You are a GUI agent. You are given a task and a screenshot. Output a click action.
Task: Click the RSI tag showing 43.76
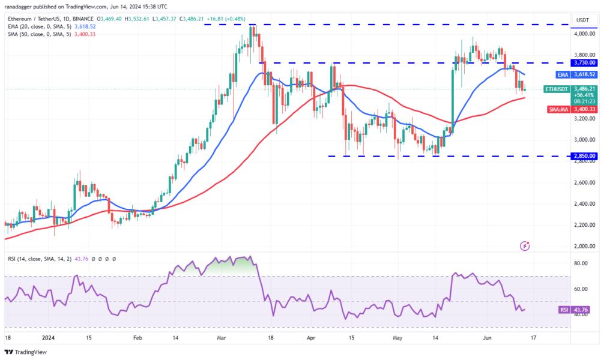click(x=579, y=310)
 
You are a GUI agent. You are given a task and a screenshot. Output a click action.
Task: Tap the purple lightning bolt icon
click(x=526, y=245)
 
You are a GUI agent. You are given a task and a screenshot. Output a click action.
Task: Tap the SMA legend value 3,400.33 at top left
click(x=83, y=34)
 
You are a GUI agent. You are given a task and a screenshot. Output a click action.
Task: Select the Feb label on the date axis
click(x=137, y=338)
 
